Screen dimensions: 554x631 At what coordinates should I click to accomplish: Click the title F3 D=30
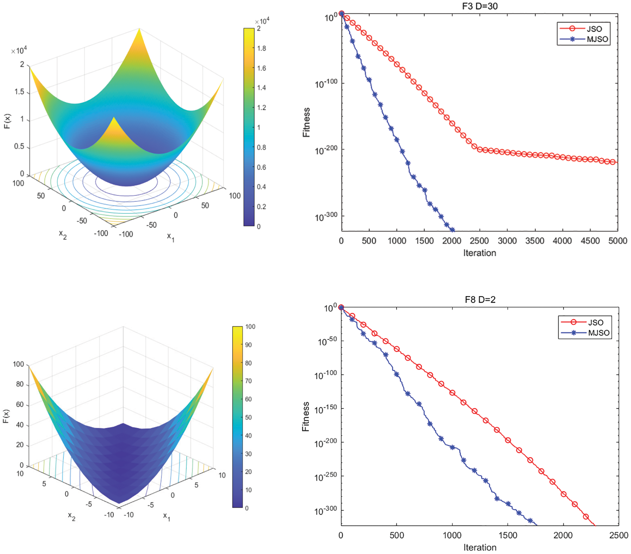point(479,6)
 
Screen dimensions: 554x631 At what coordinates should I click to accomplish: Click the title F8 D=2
point(480,299)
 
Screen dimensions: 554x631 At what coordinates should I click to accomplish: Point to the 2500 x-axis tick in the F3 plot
point(479,241)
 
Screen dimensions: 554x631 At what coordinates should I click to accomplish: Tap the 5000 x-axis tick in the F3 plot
point(618,241)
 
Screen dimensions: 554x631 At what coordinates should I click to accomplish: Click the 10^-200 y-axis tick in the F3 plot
point(326,150)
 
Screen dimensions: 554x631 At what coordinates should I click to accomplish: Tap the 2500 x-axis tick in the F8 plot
point(619,535)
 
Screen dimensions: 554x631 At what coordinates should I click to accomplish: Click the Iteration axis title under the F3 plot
point(479,253)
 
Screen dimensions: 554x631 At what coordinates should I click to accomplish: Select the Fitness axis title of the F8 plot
point(306,416)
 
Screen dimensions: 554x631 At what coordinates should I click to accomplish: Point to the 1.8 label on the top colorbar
point(261,48)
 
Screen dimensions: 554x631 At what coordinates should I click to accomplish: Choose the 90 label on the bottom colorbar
point(248,345)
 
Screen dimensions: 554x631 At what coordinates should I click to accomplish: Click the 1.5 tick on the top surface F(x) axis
point(19,92)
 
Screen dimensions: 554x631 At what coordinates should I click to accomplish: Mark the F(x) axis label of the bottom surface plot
point(6,416)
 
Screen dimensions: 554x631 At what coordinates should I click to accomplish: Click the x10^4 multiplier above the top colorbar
point(262,21)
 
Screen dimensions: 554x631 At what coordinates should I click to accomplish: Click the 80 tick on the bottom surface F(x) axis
point(20,384)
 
